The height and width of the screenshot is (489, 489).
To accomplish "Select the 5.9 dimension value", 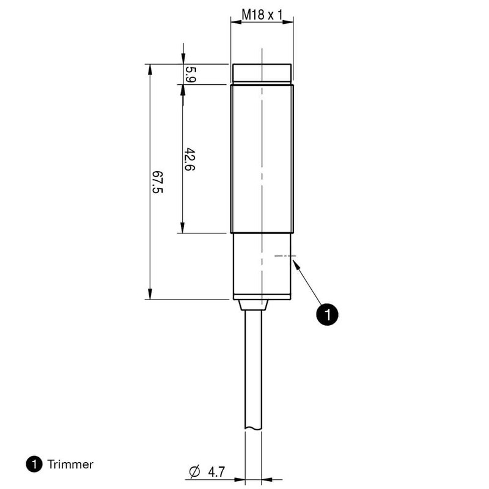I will pyautogui.click(x=190, y=73).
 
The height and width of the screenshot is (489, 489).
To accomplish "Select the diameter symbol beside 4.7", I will pyautogui.click(x=195, y=471).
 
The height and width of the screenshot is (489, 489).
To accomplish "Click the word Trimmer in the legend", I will pyautogui.click(x=70, y=465).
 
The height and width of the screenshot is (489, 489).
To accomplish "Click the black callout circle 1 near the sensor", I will pyautogui.click(x=327, y=314).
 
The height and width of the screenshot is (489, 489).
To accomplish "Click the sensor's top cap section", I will pyautogui.click(x=261, y=73).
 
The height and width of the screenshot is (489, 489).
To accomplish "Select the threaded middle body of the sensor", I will pyautogui.click(x=261, y=159).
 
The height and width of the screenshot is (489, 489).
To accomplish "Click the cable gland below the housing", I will pyautogui.click(x=254, y=304).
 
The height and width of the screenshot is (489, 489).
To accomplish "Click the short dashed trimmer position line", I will pyautogui.click(x=284, y=256).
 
